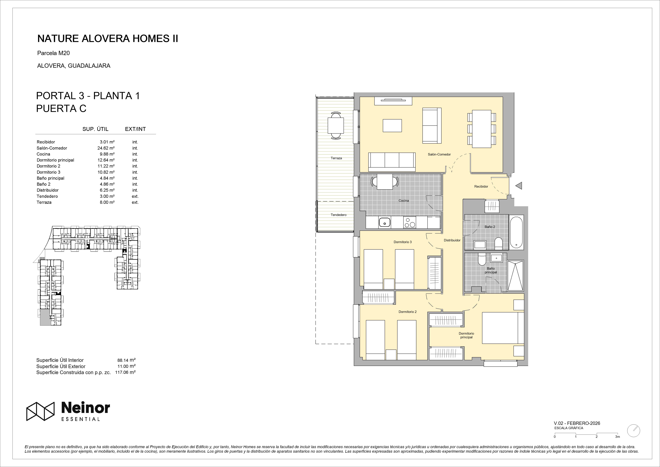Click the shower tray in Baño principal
pos(515,276)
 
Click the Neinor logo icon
pos(41,411)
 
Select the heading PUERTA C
pos(61,109)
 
